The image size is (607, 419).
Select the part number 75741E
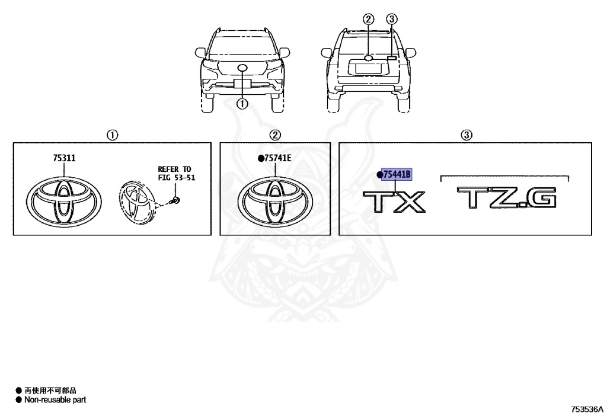point(277,159)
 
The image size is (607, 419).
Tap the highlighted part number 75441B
point(397,174)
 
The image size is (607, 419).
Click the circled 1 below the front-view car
point(242,104)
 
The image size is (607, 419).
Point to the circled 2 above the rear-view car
point(369,19)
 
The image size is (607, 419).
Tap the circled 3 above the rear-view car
point(391,19)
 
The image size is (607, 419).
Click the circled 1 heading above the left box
point(111,135)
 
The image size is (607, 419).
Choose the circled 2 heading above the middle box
point(276,135)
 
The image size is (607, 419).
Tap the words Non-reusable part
point(55,400)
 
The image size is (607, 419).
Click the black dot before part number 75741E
point(260,159)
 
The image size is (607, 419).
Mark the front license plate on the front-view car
point(242,83)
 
